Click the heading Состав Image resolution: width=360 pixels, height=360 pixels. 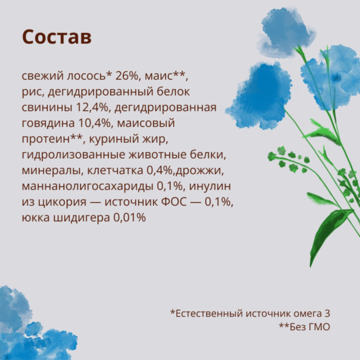(x=57, y=37)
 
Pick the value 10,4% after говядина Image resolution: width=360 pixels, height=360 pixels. (x=96, y=123)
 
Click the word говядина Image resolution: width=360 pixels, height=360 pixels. (x=48, y=123)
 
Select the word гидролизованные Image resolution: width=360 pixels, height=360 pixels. (x=73, y=155)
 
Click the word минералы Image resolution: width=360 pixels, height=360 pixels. (x=52, y=171)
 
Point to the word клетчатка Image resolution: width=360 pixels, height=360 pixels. (x=115, y=170)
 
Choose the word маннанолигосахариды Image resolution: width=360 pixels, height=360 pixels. (x=87, y=186)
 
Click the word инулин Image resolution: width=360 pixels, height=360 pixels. (x=210, y=186)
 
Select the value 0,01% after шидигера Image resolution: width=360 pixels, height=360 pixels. (x=130, y=217)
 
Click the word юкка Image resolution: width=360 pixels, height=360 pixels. (x=35, y=218)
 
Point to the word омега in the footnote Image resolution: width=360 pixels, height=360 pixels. (x=303, y=314)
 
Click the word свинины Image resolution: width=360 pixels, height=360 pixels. (x=47, y=107)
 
